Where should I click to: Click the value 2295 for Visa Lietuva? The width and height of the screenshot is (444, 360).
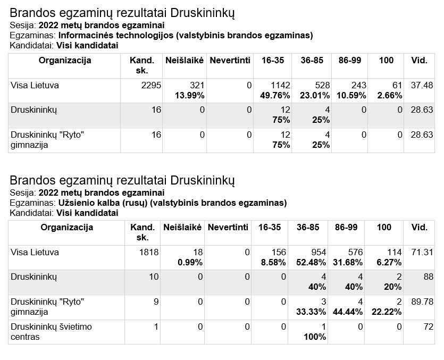click(151, 85)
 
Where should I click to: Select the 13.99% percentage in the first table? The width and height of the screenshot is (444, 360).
click(190, 96)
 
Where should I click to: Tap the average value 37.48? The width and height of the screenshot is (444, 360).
click(422, 85)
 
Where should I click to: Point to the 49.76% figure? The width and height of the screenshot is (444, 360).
click(275, 96)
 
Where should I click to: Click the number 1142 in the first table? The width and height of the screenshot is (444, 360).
click(281, 85)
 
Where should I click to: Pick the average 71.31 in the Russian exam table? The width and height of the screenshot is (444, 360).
click(422, 252)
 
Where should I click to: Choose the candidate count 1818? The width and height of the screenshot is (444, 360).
click(149, 252)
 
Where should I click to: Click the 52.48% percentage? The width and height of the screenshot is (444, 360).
click(311, 262)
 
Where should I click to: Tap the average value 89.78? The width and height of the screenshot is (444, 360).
click(422, 302)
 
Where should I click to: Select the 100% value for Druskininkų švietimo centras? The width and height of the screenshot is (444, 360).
click(315, 337)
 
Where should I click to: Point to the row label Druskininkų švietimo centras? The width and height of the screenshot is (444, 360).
click(51, 332)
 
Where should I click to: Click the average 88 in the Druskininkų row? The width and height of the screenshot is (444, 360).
click(429, 277)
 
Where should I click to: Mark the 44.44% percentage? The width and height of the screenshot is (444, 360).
click(348, 312)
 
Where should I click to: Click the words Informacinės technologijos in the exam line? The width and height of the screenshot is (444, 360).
click(116, 36)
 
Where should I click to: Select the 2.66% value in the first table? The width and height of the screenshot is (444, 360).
click(390, 96)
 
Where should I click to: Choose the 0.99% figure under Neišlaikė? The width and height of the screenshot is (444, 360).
click(190, 262)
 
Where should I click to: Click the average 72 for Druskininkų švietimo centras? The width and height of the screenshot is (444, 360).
click(429, 326)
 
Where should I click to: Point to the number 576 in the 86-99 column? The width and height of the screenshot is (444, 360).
click(355, 252)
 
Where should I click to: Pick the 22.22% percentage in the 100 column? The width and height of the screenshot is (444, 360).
click(387, 312)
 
